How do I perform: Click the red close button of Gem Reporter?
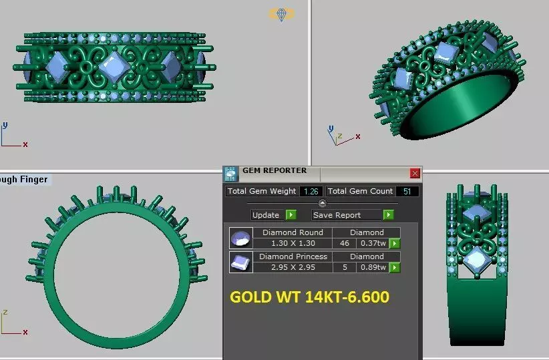click(415, 174)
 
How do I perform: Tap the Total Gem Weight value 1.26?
click(311, 191)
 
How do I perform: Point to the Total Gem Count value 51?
click(408, 191)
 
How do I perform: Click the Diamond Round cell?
click(293, 232)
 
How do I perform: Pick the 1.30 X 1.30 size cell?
click(293, 244)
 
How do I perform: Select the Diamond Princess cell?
click(293, 256)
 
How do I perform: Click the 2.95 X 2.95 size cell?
click(293, 267)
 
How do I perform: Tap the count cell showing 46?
click(345, 244)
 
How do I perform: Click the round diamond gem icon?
click(240, 238)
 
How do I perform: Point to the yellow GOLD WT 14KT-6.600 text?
click(309, 297)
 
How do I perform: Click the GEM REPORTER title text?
click(274, 171)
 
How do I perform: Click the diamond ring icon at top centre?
click(281, 14)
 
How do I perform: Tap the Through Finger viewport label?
click(24, 179)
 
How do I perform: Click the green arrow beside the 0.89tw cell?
click(395, 267)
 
